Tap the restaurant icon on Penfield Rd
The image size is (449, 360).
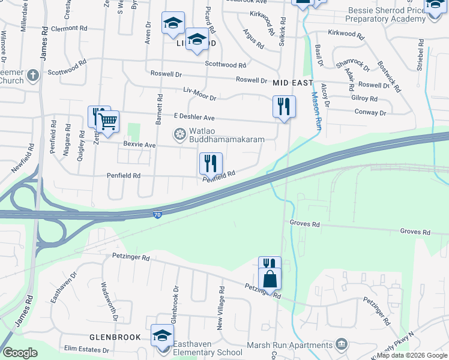click(211, 163)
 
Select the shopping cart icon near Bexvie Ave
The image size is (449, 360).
click(107, 121)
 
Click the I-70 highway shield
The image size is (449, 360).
click(156, 214)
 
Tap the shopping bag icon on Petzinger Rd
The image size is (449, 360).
click(270, 278)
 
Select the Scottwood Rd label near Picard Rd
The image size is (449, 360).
click(225, 65)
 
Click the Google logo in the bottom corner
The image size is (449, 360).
click(20, 352)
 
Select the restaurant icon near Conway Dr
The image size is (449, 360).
click(284, 106)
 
